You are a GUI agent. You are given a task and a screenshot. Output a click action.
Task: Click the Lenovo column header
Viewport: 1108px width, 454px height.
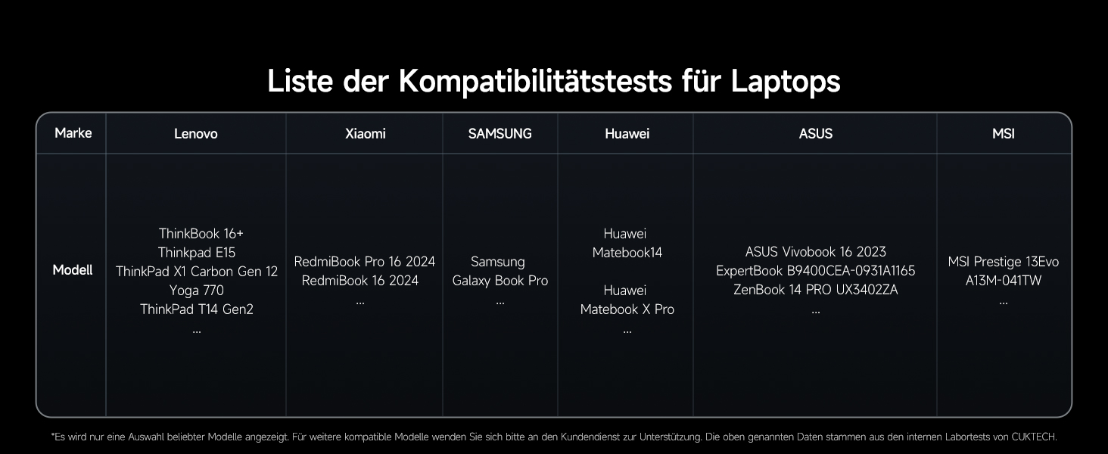(x=195, y=134)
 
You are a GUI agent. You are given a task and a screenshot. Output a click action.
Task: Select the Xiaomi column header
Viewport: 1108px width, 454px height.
(x=365, y=134)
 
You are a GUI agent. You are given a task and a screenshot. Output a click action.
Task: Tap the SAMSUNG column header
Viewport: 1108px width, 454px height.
(x=500, y=134)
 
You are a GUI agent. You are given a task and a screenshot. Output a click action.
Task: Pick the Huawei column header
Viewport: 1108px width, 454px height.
(x=627, y=134)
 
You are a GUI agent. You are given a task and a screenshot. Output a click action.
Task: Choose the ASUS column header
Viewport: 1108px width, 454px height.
(x=815, y=134)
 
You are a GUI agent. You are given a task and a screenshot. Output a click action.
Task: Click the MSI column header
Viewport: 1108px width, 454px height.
(x=1003, y=134)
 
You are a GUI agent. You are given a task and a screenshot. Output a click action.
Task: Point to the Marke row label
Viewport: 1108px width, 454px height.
(x=73, y=133)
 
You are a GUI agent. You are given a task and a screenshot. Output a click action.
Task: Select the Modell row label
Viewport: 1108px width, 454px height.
(x=73, y=270)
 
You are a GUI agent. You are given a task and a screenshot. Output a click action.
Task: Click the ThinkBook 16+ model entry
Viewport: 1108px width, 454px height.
(x=201, y=234)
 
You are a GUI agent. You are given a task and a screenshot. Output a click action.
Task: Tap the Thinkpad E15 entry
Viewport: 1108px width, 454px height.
(x=197, y=253)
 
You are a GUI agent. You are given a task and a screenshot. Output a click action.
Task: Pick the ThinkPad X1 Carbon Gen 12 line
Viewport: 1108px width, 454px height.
(x=197, y=272)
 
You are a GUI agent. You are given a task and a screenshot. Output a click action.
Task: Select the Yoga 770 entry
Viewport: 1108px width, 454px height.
(x=197, y=291)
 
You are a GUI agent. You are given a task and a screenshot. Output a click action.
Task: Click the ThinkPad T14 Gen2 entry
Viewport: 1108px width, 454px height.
(x=197, y=309)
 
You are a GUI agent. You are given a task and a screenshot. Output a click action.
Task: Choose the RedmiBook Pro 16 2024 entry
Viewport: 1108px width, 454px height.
(x=364, y=262)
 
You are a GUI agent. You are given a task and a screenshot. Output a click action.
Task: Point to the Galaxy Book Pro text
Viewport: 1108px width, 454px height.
(x=500, y=281)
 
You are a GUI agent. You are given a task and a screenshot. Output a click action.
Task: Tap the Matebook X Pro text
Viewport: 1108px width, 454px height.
(x=627, y=309)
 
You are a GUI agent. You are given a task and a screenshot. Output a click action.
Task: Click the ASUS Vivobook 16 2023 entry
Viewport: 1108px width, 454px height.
(x=815, y=252)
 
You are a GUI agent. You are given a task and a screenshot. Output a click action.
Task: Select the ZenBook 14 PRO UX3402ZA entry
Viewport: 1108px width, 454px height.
(x=815, y=290)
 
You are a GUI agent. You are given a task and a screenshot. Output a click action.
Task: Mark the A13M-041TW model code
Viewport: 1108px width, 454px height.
(x=1003, y=281)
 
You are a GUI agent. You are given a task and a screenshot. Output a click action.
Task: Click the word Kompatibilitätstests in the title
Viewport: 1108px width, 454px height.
(x=536, y=81)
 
